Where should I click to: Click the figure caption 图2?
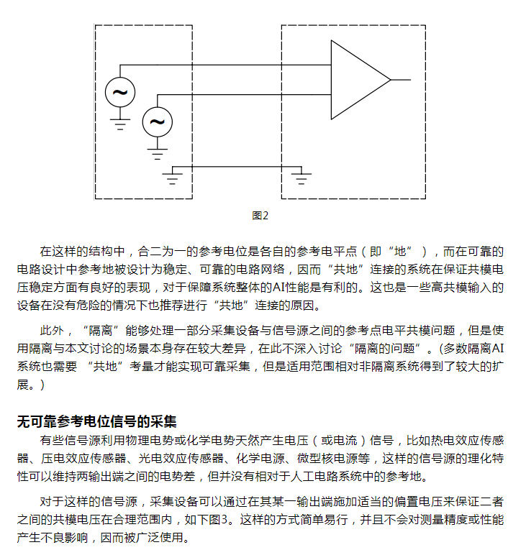pos(260,215)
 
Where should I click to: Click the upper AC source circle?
pos(120,92)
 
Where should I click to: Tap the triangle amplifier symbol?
pos(358,79)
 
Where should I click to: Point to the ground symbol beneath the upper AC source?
pos(120,123)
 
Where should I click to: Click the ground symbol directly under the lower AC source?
pos(157,152)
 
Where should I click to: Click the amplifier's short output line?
pos(401,79)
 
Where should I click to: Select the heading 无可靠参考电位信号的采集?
pos(96,421)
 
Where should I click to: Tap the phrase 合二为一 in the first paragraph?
pos(161,252)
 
